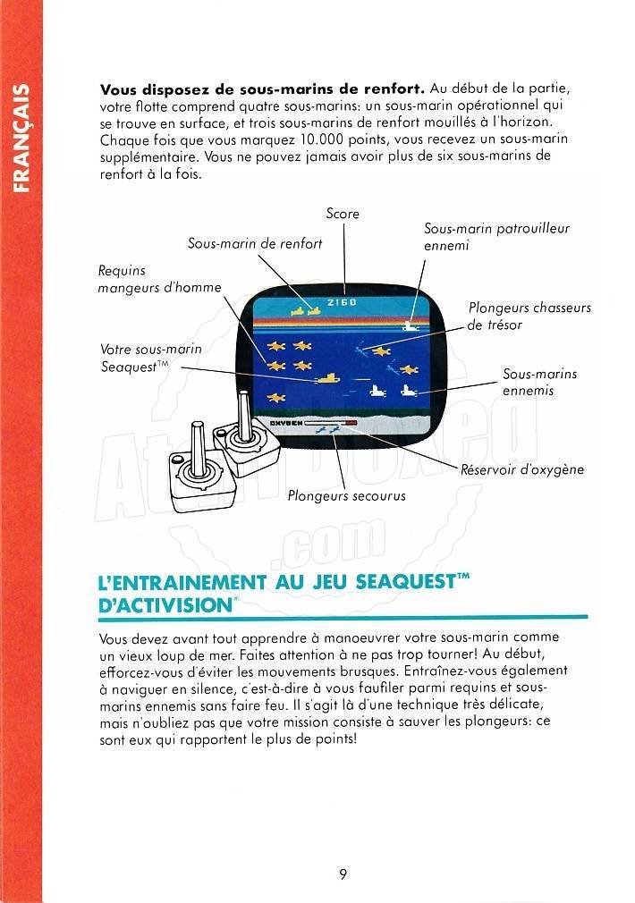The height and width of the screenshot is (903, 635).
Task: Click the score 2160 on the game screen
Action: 342,302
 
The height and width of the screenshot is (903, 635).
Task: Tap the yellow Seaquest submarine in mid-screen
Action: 328,378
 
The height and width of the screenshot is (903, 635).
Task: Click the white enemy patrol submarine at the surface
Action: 411,326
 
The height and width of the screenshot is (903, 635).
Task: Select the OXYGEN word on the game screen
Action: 286,423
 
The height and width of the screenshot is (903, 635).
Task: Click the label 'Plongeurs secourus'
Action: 346,496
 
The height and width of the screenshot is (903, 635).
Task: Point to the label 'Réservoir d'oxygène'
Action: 522,469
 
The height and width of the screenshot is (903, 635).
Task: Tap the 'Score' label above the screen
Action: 343,214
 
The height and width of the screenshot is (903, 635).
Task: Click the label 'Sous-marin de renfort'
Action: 255,243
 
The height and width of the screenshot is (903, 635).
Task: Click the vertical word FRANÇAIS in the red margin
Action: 21,139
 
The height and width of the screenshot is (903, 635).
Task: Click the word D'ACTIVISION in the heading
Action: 165,605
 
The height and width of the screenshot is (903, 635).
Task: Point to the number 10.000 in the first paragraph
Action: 322,139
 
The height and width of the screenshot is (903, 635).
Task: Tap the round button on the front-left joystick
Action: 177,460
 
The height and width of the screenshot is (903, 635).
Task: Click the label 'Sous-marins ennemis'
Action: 539,382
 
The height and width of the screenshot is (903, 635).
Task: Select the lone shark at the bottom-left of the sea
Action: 276,397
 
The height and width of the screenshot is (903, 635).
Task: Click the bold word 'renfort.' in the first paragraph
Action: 394,89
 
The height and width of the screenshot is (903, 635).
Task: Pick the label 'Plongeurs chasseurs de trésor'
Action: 529,316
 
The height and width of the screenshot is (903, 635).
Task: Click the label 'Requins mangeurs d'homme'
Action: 159,279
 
